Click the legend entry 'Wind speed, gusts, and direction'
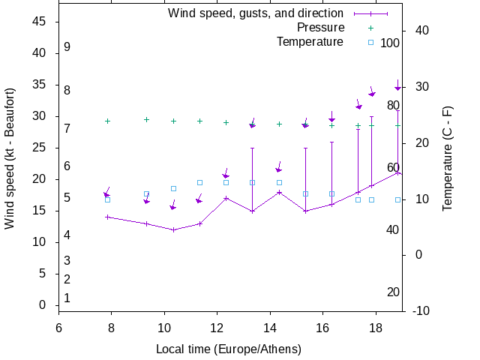pos(256,13)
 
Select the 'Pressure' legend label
pos(320,27)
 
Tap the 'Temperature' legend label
pos(310,41)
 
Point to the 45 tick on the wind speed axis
pos(40,22)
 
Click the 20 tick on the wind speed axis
pos(40,179)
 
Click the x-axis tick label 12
pos(217,327)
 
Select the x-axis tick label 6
pos(58,327)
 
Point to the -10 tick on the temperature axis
pos(421,311)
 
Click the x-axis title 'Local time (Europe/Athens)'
pos(229,349)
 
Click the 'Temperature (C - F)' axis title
pos(448,158)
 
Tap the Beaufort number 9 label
pos(67,46)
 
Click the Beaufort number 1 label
pos(67,298)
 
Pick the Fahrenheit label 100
pos(390,43)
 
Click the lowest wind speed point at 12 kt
pos(173,229)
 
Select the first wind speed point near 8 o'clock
pos(107,217)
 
